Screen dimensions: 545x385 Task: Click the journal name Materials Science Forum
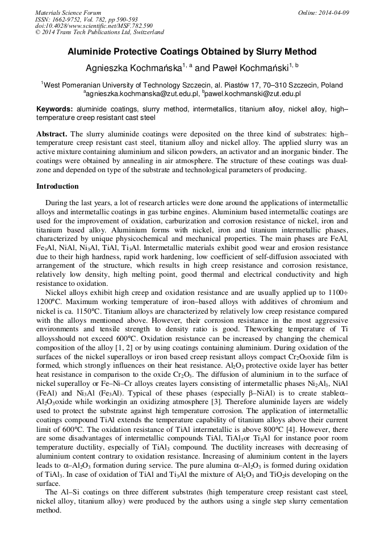click(x=68, y=13)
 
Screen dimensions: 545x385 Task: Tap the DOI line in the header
click(x=94, y=26)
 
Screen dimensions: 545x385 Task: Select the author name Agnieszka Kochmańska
click(x=133, y=68)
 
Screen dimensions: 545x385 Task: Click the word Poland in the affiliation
click(x=331, y=85)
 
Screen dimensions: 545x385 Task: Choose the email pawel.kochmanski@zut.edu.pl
click(x=253, y=94)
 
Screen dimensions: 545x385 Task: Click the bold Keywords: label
click(x=55, y=109)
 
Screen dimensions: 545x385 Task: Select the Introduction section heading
click(x=57, y=186)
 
